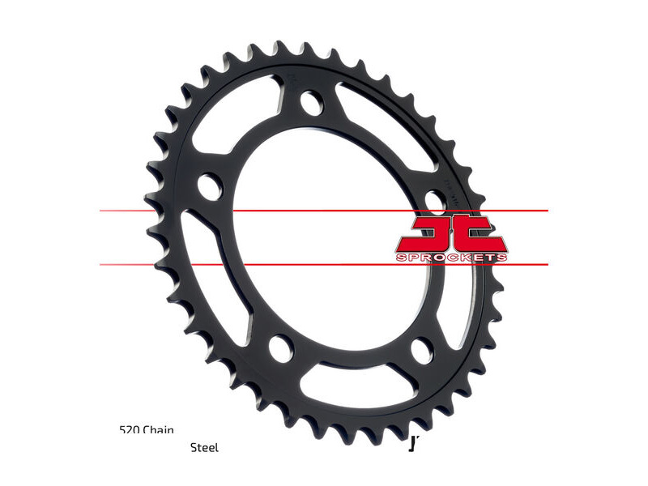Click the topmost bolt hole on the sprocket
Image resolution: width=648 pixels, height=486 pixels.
[311, 102]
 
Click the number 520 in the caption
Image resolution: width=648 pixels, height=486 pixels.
[129, 430]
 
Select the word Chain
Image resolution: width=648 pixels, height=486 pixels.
[159, 430]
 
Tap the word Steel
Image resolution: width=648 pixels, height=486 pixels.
[204, 447]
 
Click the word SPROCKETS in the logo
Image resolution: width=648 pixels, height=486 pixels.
[452, 258]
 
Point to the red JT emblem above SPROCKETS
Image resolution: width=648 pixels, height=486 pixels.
[452, 233]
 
